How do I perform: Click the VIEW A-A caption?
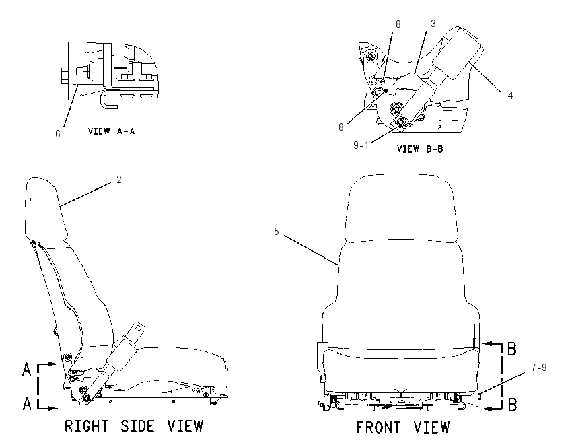pyautogui.click(x=111, y=131)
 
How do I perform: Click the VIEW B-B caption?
pyautogui.click(x=420, y=149)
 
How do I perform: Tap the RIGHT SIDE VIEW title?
pyautogui.click(x=134, y=426)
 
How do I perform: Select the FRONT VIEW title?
pyautogui.click(x=403, y=427)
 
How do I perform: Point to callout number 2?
pyautogui.click(x=119, y=180)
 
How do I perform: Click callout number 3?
pyautogui.click(x=433, y=24)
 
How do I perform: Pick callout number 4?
pyautogui.click(x=510, y=95)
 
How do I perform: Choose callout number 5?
pyautogui.click(x=277, y=232)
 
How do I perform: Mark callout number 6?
pyautogui.click(x=58, y=134)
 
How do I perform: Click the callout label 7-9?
pyautogui.click(x=539, y=368)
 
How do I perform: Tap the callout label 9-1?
pyautogui.click(x=361, y=145)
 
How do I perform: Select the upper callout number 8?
pyautogui.click(x=398, y=24)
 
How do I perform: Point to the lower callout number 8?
pyautogui.click(x=341, y=127)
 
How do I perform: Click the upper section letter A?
pyautogui.click(x=27, y=369)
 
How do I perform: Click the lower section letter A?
pyautogui.click(x=27, y=403)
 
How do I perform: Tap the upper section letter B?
pyautogui.click(x=512, y=349)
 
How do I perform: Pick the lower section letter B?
pyautogui.click(x=513, y=405)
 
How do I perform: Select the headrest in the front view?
pyautogui.click(x=401, y=208)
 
